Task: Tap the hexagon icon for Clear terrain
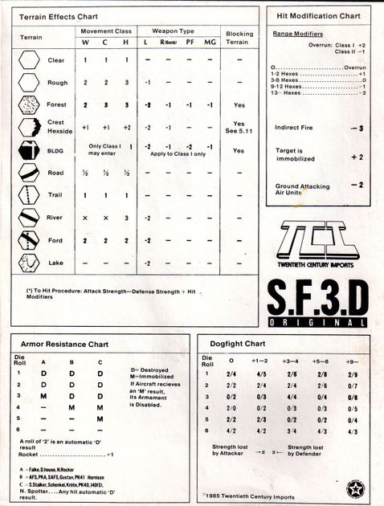click(x=28, y=60)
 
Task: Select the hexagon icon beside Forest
click(x=28, y=105)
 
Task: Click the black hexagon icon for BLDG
click(x=28, y=150)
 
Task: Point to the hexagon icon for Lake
click(x=28, y=263)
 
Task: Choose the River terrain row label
click(x=55, y=218)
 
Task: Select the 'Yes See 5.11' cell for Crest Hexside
click(x=239, y=128)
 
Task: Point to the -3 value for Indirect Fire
click(x=357, y=128)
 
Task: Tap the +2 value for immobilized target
click(x=357, y=157)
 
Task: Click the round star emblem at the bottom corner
click(x=353, y=487)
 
